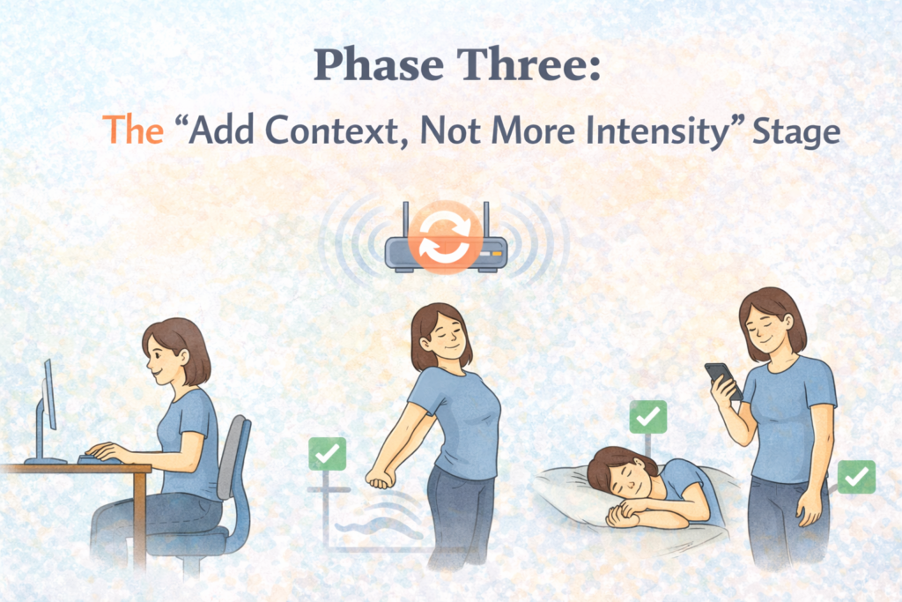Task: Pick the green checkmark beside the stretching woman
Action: click(327, 454)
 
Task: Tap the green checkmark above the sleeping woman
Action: click(648, 416)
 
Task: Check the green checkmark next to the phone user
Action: click(855, 476)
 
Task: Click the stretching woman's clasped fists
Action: click(380, 479)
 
